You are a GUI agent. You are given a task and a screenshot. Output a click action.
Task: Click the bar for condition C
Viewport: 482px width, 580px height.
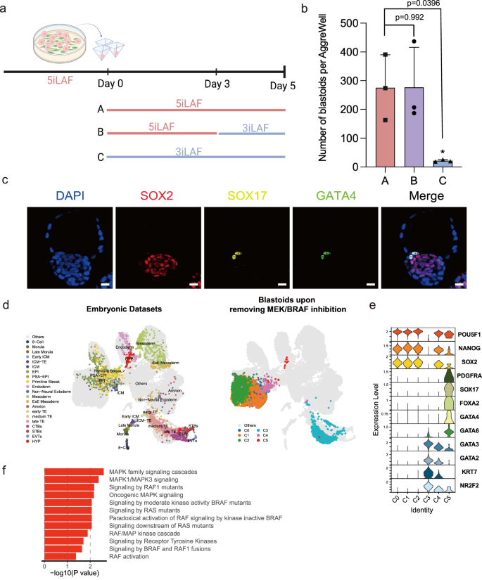coord(442,162)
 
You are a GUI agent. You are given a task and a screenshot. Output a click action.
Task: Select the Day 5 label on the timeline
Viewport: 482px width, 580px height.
coord(285,84)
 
